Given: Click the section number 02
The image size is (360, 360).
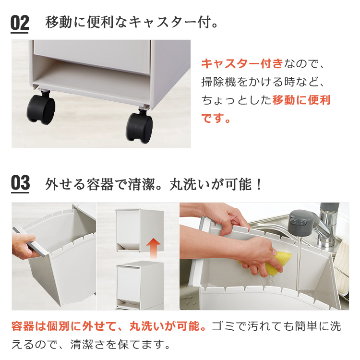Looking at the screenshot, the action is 20,23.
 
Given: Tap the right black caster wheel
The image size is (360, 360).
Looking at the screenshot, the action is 139,127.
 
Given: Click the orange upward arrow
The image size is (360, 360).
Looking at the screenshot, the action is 153,248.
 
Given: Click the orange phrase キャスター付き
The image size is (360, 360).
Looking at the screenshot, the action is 242,63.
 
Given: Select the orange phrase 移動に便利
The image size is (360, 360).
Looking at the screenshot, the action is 301,100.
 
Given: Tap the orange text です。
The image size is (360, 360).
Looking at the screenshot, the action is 216,118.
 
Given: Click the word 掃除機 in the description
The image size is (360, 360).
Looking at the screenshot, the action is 218,82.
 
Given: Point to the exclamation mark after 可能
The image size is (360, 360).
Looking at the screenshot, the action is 259,184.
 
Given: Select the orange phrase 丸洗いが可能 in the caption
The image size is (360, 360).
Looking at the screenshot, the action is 164,326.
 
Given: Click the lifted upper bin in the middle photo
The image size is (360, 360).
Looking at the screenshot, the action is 139,230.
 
